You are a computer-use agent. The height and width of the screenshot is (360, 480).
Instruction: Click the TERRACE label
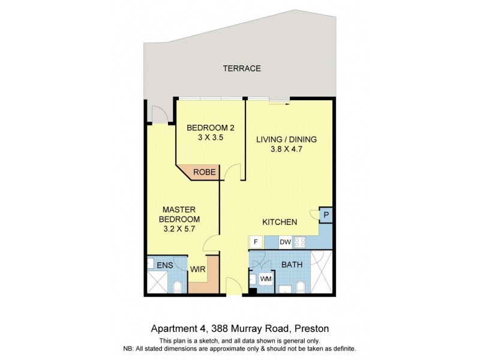point(242,68)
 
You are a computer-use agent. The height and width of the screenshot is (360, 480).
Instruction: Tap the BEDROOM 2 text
point(210,128)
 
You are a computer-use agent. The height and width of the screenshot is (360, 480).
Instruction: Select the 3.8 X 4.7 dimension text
point(286,151)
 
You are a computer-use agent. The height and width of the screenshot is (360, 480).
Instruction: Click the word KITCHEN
point(280,222)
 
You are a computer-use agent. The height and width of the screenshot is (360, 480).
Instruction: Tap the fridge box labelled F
point(256,242)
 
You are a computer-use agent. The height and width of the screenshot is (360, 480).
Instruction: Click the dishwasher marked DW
point(286,242)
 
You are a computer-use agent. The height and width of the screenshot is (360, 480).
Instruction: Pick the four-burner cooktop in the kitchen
point(299,242)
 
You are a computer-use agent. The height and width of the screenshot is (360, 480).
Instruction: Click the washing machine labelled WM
point(265,279)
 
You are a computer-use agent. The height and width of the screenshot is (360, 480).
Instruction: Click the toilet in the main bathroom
point(300,286)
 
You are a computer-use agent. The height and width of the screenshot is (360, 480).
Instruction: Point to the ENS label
point(164,264)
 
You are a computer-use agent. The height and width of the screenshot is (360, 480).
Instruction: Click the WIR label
point(198,271)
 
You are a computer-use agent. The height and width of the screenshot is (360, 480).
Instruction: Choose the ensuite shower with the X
point(158,282)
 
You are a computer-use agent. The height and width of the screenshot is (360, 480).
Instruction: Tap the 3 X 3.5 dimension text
point(210,138)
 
